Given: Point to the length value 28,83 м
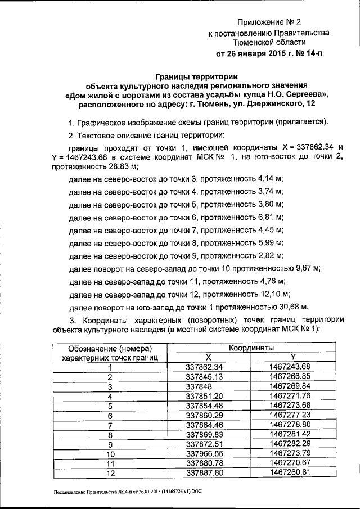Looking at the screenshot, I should coord(124,167).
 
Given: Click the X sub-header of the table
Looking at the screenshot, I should coord(208,357).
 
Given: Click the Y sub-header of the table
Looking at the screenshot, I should coord(292,357).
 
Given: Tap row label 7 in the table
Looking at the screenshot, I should coord(110,425).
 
